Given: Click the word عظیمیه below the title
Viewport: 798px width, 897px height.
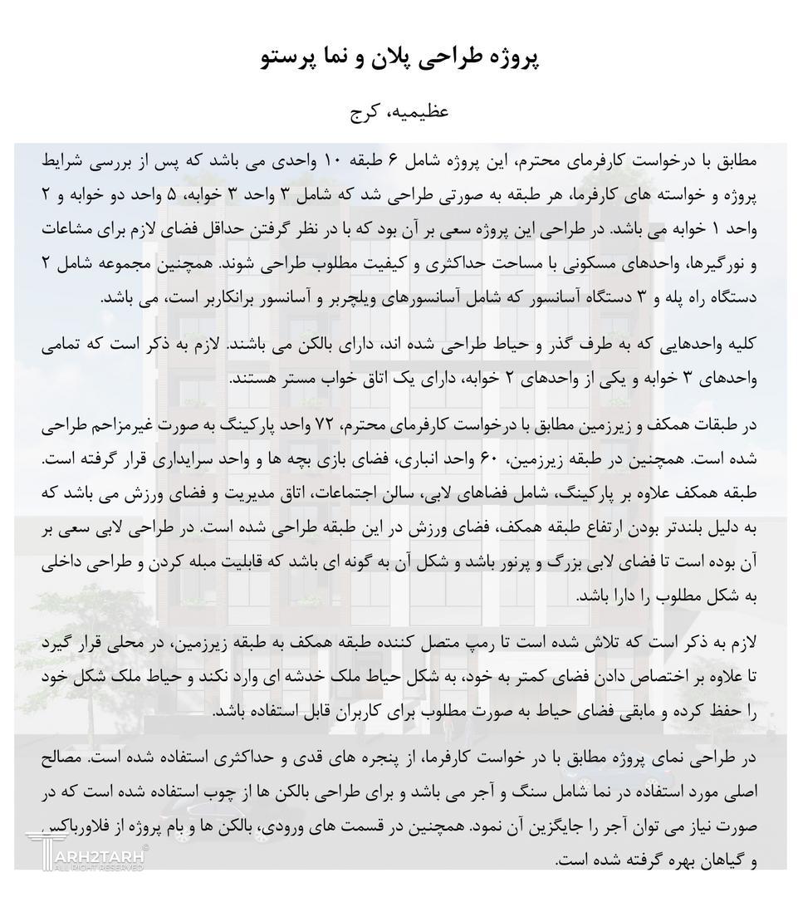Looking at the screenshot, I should point(419,110).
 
